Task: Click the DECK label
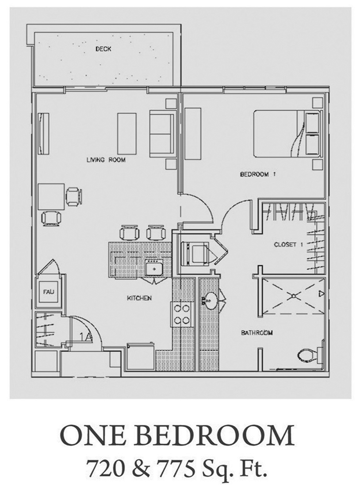(x=103, y=49)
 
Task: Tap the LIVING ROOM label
(x=106, y=160)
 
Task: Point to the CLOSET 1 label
(x=288, y=244)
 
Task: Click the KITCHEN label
(x=139, y=298)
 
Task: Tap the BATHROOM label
(x=257, y=332)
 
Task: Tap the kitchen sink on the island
(x=154, y=269)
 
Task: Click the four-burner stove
(x=181, y=314)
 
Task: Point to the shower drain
(x=293, y=296)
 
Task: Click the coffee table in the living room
(x=127, y=133)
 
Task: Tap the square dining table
(x=51, y=197)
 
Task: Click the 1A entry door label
(x=85, y=337)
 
